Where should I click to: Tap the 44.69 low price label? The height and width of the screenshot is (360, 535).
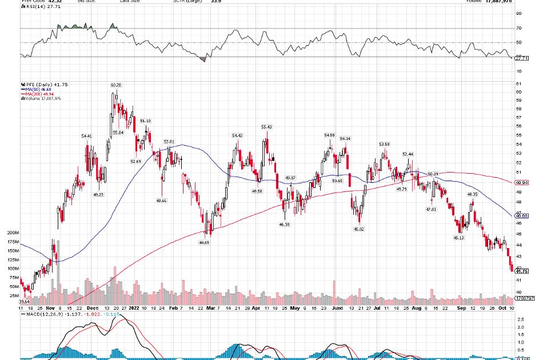click(x=204, y=242)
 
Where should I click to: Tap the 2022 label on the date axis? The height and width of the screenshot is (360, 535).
click(x=134, y=307)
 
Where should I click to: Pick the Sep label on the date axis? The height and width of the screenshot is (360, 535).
click(x=461, y=307)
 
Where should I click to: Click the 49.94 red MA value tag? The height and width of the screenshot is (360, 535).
click(x=521, y=182)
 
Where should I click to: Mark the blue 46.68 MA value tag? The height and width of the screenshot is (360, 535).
click(x=521, y=216)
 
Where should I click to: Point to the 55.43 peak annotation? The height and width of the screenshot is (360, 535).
click(x=266, y=127)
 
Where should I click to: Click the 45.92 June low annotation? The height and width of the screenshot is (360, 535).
click(x=359, y=229)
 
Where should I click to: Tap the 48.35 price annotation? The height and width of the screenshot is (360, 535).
click(x=472, y=194)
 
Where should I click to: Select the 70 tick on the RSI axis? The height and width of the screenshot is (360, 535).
click(x=518, y=28)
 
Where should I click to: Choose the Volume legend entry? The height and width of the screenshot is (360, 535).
click(x=41, y=98)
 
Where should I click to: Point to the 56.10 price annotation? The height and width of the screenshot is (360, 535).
click(x=145, y=121)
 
